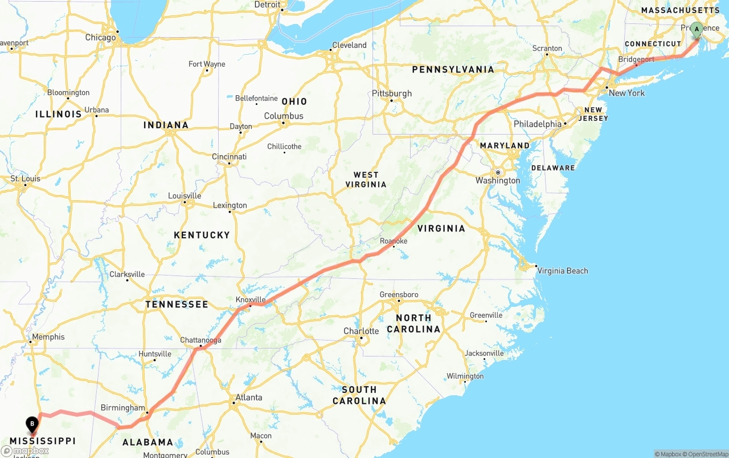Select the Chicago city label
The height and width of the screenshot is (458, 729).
[x=100, y=38]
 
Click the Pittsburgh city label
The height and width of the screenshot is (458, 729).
[x=391, y=94]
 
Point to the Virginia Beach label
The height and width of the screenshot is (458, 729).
[x=562, y=271]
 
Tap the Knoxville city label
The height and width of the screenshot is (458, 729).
[x=251, y=299]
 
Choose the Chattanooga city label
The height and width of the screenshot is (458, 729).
[x=200, y=341]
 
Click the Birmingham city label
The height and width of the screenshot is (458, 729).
[x=122, y=408]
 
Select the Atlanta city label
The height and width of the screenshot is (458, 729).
[x=249, y=398]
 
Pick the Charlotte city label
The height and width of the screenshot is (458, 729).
[x=361, y=331]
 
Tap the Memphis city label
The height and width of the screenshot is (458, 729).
[x=48, y=337]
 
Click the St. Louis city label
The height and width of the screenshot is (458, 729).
[x=26, y=179]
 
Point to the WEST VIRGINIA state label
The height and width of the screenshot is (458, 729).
[x=366, y=180]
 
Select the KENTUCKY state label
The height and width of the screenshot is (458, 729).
[x=202, y=235]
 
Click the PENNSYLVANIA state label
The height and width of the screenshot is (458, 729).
[x=453, y=70]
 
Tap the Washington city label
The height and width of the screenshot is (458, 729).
[x=498, y=181]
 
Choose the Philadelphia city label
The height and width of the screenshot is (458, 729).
[x=537, y=124]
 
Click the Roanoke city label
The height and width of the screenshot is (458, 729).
[x=394, y=241]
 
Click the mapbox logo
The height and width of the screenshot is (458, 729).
[x=25, y=451]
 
